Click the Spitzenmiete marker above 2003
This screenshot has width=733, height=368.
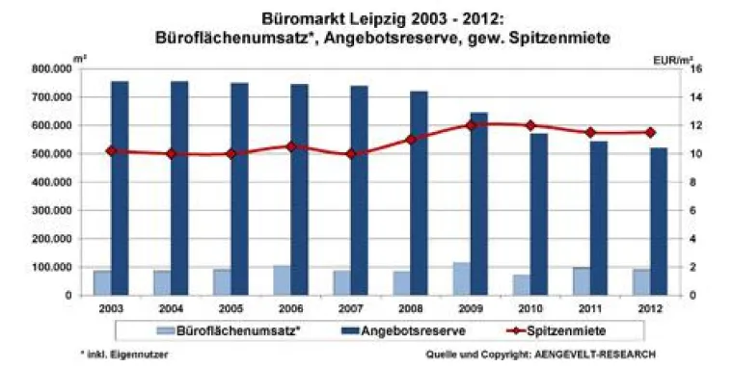click(x=111, y=151)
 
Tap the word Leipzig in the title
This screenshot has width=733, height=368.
click(x=368, y=17)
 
